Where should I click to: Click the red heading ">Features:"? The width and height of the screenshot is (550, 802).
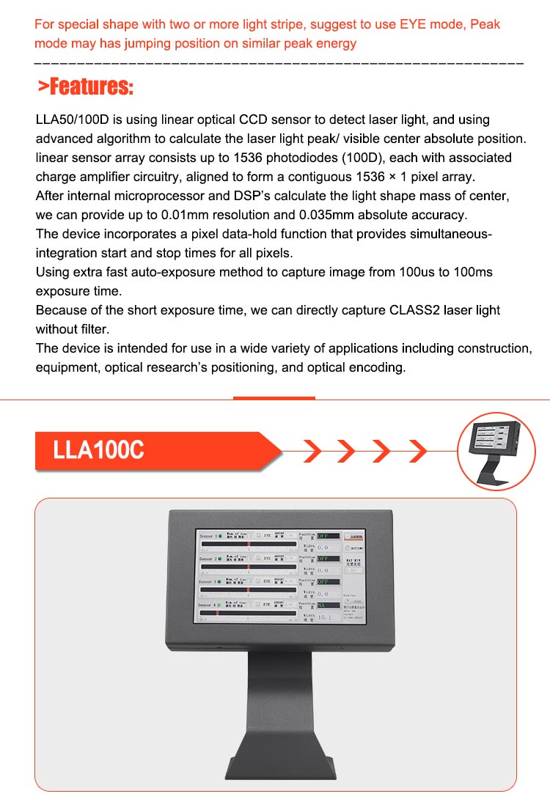(86, 88)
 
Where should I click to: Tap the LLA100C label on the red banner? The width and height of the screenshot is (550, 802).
(98, 450)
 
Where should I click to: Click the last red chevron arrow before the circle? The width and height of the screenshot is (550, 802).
(418, 451)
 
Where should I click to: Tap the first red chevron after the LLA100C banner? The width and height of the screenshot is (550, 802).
(312, 451)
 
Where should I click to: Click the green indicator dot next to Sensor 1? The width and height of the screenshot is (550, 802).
(219, 537)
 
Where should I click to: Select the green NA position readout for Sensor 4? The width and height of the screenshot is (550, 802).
(323, 606)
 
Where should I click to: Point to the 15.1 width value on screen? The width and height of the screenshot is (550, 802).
(323, 617)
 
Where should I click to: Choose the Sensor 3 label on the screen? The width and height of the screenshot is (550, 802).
(207, 582)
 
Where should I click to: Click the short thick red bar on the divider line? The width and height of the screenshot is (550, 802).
(274, 398)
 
